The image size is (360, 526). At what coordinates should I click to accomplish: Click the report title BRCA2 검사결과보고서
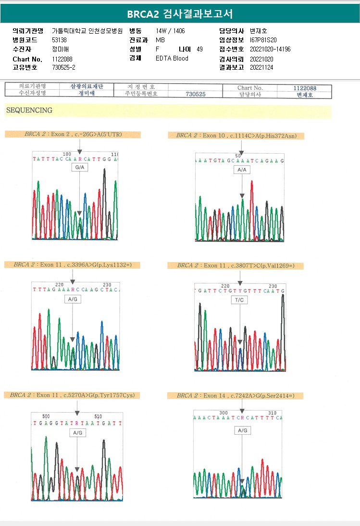click(x=180, y=14)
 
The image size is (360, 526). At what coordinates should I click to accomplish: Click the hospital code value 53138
click(x=59, y=40)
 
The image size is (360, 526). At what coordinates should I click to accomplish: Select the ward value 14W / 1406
click(x=170, y=31)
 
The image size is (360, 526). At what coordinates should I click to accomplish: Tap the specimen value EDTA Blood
click(x=172, y=58)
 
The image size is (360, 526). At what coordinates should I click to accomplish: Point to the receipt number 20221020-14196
click(x=270, y=49)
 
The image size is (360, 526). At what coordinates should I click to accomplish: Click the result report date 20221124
click(x=261, y=67)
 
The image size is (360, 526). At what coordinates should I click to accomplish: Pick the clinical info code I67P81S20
click(x=263, y=40)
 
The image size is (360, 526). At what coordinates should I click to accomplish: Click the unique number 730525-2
click(x=63, y=67)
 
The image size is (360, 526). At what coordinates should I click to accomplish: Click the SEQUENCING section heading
click(x=29, y=110)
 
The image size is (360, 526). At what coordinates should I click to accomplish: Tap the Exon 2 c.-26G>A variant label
click(x=73, y=134)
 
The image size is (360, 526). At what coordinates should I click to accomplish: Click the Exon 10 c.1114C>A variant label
click(x=236, y=135)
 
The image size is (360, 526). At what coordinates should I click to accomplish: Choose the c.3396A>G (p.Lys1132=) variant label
click(x=73, y=264)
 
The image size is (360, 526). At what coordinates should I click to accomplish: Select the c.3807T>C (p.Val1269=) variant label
click(x=236, y=265)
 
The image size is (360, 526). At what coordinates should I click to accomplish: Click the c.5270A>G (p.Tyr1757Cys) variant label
click(x=73, y=395)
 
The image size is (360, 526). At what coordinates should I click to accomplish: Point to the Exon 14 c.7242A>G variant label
click(x=236, y=395)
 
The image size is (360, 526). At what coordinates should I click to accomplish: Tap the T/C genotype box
click(x=240, y=300)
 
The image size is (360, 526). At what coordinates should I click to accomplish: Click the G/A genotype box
click(x=79, y=167)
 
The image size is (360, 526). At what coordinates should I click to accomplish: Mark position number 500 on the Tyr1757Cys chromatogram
click(x=46, y=416)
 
